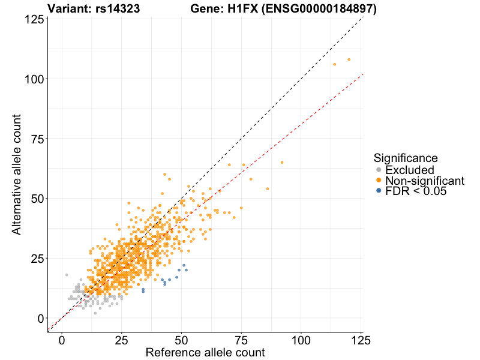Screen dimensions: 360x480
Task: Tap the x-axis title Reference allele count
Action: click(x=205, y=352)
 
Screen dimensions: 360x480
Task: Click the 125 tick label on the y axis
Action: click(x=33, y=19)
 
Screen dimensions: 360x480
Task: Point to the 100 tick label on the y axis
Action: click(x=33, y=79)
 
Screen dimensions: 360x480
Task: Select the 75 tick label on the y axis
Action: click(x=36, y=139)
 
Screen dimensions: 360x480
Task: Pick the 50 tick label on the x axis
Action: click(x=182, y=340)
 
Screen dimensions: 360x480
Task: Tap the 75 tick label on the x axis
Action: click(x=241, y=340)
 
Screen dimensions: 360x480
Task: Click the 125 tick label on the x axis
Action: click(x=361, y=340)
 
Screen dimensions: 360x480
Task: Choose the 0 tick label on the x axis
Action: click(x=62, y=340)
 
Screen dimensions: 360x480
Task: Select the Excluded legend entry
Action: click(x=409, y=170)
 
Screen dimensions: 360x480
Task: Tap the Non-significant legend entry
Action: click(x=424, y=181)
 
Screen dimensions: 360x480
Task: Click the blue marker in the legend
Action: click(x=379, y=191)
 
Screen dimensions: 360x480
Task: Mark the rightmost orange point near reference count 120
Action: click(x=349, y=59)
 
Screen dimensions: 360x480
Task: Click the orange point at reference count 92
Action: click(x=282, y=162)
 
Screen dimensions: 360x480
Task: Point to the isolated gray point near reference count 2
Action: click(x=67, y=275)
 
